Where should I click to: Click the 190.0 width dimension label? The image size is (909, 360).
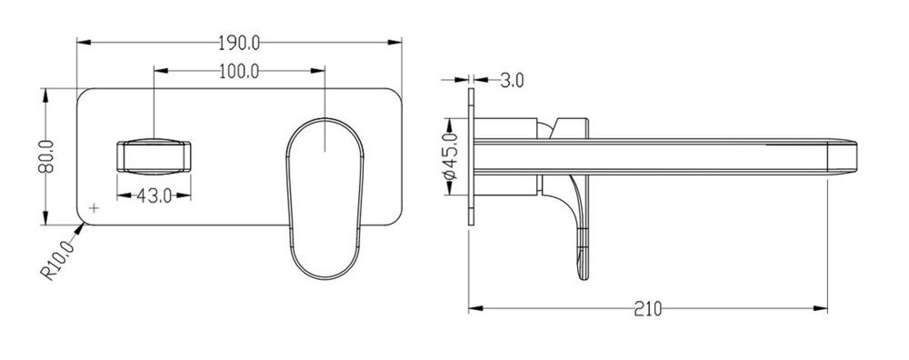pyautogui.click(x=239, y=43)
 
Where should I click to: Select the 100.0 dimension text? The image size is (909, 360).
pyautogui.click(x=239, y=71)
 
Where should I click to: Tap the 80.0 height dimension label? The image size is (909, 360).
pyautogui.click(x=46, y=156)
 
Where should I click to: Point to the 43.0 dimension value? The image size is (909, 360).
pyautogui.click(x=155, y=196)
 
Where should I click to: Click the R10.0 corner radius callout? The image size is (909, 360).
pyautogui.click(x=57, y=260)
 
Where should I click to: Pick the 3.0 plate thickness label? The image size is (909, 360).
pyautogui.click(x=512, y=80)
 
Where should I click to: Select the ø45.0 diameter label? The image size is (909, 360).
pyautogui.click(x=451, y=156)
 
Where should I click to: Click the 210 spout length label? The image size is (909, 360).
pyautogui.click(x=647, y=309)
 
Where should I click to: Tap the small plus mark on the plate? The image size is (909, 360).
pyautogui.click(x=94, y=207)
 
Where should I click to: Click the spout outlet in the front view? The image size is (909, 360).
pyautogui.click(x=154, y=156)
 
